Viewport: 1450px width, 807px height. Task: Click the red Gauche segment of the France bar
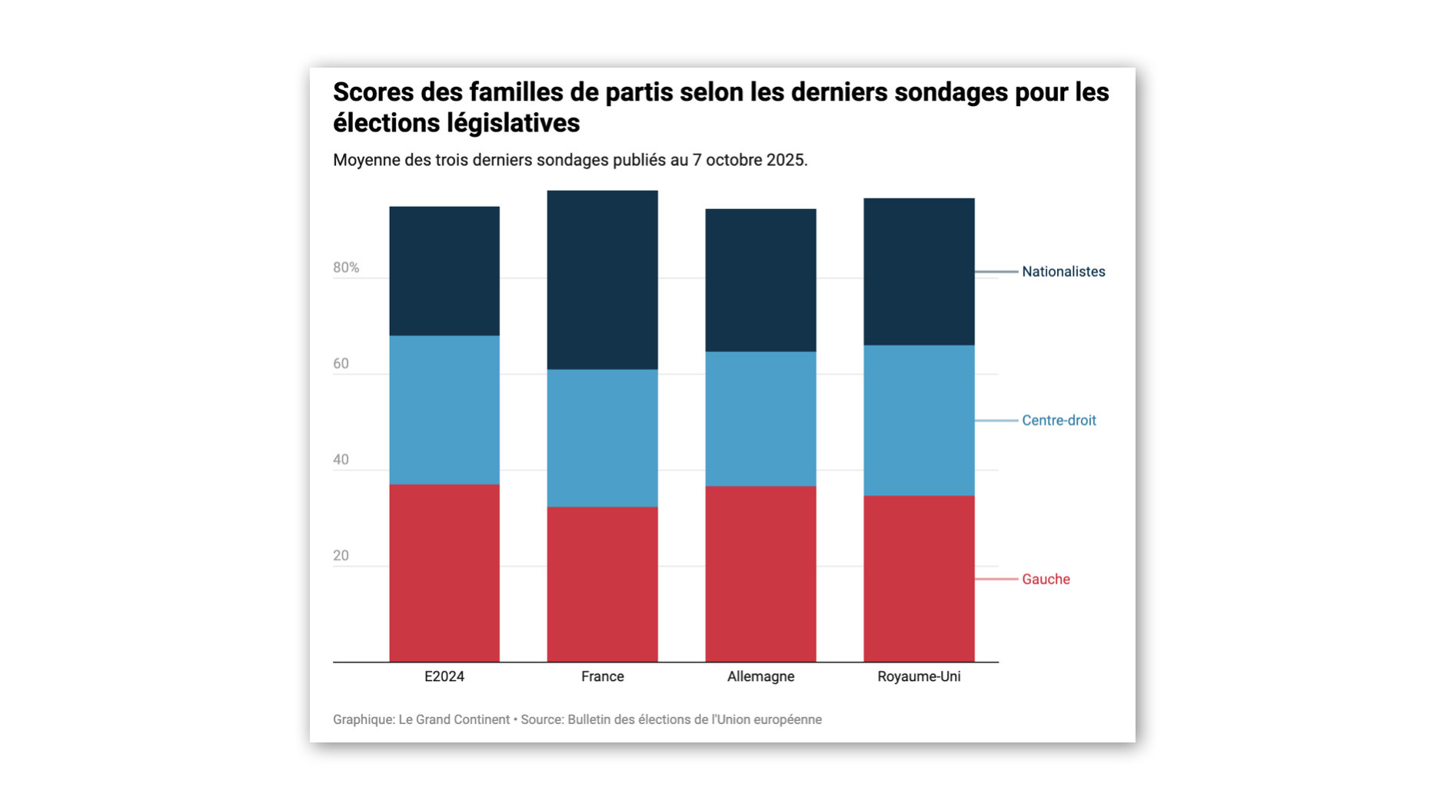coord(602,584)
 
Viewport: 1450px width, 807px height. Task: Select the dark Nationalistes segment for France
coord(602,280)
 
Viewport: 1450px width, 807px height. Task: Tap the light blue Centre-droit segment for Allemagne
coord(760,419)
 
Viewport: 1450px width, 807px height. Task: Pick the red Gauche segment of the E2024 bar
coord(444,573)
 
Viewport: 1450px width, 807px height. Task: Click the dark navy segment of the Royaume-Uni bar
coord(919,271)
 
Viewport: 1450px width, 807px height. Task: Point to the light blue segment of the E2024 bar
coord(444,410)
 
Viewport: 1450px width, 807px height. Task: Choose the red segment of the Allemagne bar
coord(760,573)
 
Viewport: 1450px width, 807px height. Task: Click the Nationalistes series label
coord(1063,271)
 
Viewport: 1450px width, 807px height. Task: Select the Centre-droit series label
coord(1059,420)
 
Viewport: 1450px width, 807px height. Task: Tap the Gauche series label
coord(1046,580)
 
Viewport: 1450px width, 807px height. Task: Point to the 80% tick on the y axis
coord(346,267)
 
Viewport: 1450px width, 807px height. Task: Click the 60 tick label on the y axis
coord(341,364)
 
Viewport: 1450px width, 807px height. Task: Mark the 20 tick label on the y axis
coord(341,556)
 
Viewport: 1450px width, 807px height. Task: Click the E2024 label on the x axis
coord(444,676)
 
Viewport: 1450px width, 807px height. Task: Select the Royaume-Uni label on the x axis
coord(919,676)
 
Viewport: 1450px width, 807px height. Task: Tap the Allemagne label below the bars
coord(760,676)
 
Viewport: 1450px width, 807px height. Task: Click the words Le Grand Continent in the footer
coord(454,719)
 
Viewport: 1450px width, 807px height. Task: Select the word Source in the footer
coord(541,719)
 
